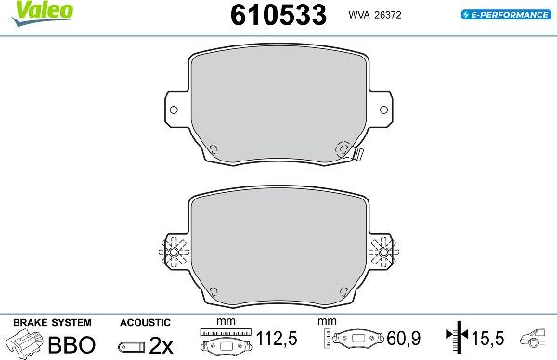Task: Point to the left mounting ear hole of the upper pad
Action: [173, 109]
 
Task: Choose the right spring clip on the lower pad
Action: [382, 250]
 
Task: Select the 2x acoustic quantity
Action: [161, 345]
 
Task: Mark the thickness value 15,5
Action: [485, 339]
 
